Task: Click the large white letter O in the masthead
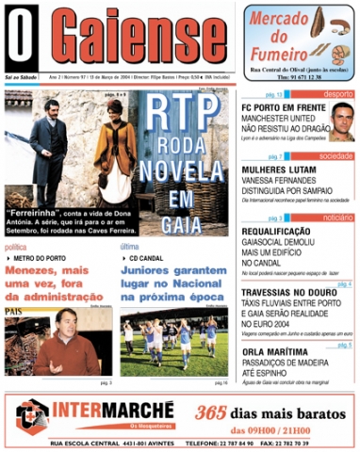[x=22, y=40]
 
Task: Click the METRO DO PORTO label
[x=42, y=257]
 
